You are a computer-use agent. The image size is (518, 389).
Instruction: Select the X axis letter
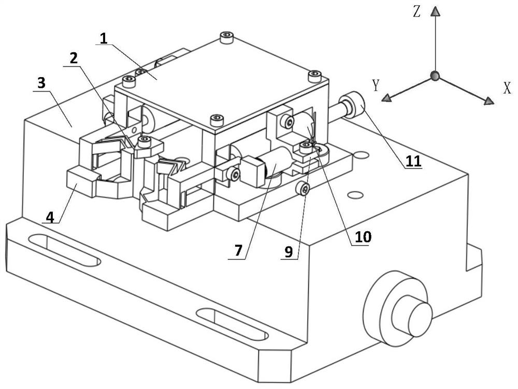(507, 88)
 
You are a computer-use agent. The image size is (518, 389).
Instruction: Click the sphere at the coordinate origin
(435, 77)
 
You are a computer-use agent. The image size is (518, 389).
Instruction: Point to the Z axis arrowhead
(436, 11)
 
